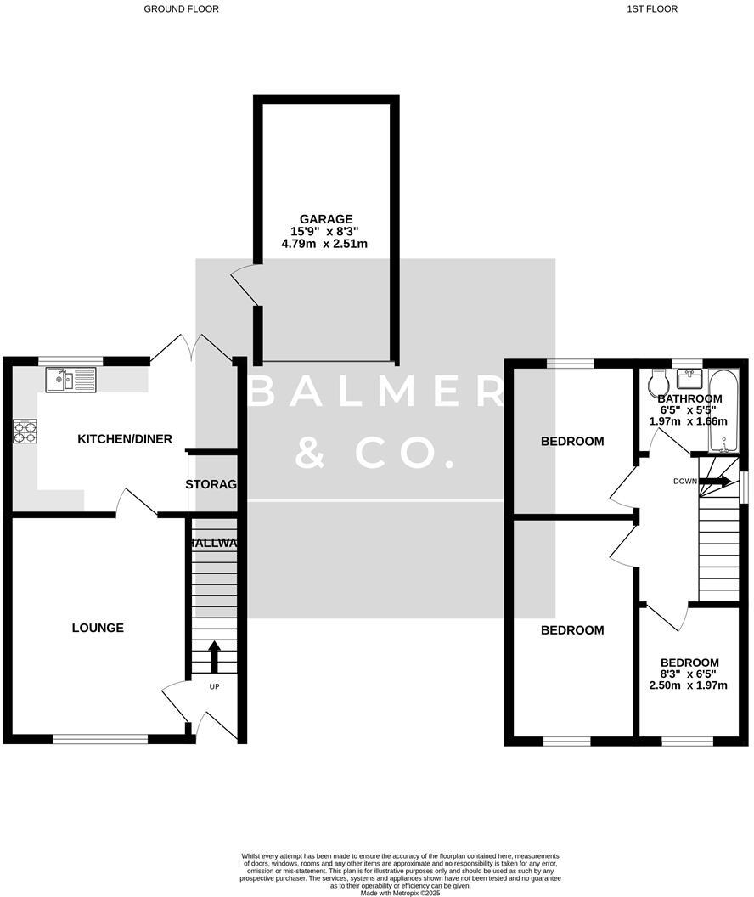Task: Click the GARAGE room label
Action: (x=324, y=218)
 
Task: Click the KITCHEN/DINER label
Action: (x=125, y=439)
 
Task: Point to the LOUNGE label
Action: (x=98, y=628)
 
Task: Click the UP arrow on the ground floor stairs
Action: (x=214, y=656)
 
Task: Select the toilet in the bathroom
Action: (x=656, y=385)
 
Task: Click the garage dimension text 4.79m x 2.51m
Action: (x=324, y=244)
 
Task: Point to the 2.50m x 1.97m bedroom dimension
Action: (x=689, y=685)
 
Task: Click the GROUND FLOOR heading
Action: (x=181, y=9)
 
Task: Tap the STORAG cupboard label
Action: (x=211, y=484)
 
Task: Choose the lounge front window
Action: (x=99, y=739)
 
